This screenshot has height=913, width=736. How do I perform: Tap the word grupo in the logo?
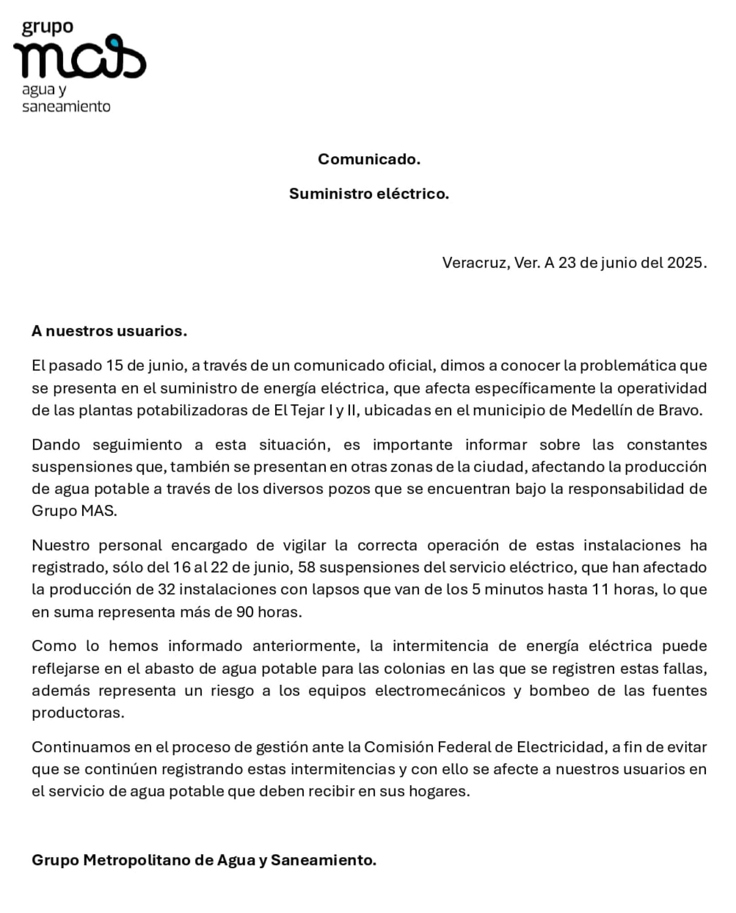47,28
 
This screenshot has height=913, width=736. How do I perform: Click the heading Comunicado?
369,159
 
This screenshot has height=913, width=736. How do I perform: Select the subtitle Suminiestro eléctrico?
369,194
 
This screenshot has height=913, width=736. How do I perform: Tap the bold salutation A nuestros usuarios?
109,331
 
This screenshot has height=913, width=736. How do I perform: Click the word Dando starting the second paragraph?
56,445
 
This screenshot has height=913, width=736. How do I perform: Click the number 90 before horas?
245,612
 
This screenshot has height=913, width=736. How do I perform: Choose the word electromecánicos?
440,691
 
